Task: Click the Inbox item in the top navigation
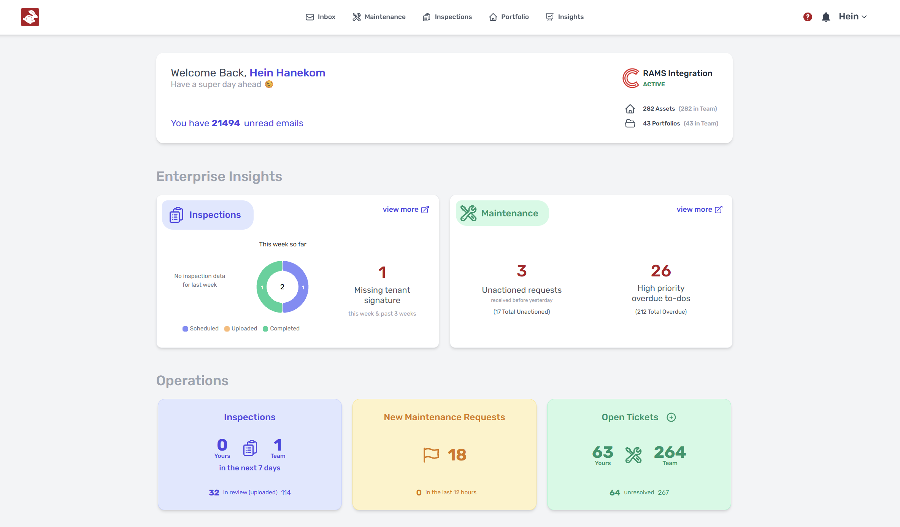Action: pos(321,17)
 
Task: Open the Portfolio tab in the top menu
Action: pos(509,17)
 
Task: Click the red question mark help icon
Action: pos(808,17)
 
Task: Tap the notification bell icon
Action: pos(825,17)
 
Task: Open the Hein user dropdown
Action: pos(852,17)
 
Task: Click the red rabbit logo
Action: pos(30,17)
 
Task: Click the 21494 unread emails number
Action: pos(226,123)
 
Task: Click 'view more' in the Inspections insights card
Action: pos(406,210)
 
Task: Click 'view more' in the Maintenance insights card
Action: pos(699,210)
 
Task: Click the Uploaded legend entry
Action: pos(241,329)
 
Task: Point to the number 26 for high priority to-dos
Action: pos(661,271)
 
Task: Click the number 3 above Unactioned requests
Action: pos(522,271)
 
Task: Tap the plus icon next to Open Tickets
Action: pos(671,417)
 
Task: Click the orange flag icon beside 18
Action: pos(431,455)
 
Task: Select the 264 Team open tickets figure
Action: pos(670,452)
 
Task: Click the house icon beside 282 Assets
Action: pos(630,109)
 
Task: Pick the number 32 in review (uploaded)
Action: pos(214,492)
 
